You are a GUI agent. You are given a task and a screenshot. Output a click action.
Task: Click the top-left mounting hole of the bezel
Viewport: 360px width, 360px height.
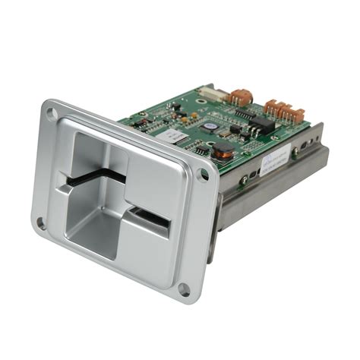click(x=52, y=116)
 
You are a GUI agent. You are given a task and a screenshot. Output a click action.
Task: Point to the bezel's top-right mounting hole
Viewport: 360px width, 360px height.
click(x=203, y=175)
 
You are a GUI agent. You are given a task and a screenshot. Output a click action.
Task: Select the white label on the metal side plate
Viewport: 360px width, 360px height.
click(x=276, y=163)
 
